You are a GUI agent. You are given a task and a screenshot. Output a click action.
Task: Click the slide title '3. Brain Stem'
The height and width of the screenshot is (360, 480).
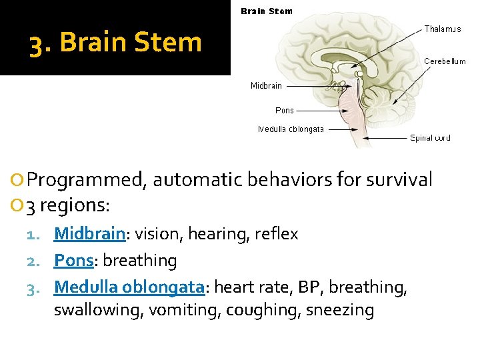point(115,43)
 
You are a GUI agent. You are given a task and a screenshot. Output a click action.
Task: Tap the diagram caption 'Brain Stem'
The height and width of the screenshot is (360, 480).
point(266,11)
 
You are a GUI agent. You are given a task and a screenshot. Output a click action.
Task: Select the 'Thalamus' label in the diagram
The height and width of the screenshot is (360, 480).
point(443,29)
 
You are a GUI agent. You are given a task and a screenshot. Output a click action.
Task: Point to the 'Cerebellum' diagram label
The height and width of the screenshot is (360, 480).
point(445,61)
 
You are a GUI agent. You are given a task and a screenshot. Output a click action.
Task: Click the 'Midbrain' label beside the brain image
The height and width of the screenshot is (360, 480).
point(266,85)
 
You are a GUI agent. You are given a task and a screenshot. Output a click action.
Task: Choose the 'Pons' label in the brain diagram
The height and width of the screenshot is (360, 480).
point(285,111)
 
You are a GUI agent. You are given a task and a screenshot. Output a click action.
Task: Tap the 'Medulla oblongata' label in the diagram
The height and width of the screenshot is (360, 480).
point(291,129)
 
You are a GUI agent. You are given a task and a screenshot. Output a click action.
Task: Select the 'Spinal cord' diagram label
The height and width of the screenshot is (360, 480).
point(430,138)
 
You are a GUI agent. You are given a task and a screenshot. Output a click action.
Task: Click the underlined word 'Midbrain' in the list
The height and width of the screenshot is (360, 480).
point(89,234)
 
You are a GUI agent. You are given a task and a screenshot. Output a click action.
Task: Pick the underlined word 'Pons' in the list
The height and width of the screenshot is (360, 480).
point(73,261)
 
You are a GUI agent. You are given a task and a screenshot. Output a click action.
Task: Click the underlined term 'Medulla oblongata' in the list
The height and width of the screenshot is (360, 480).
point(129,287)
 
